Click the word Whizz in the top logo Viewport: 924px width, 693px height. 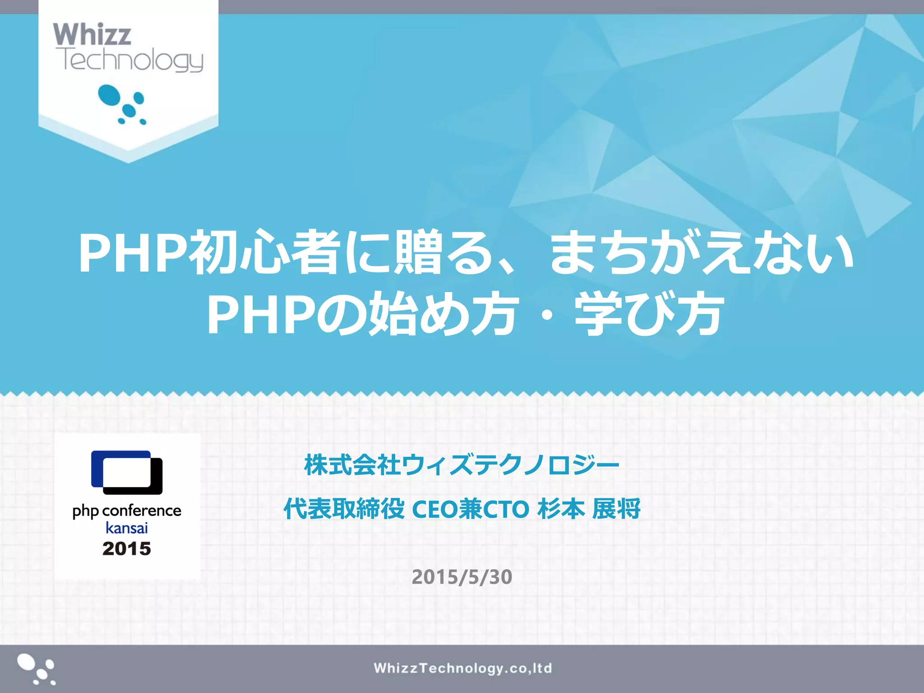pos(92,34)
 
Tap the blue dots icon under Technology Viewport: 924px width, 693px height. pos(122,104)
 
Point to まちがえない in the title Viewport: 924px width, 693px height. pos(702,253)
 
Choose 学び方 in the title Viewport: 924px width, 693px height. pos(650,315)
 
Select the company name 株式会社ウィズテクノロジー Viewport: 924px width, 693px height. pos(462,465)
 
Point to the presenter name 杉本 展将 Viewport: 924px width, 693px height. pos(589,509)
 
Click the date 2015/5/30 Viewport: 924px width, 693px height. pos(462,577)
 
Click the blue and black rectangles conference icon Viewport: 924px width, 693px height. pos(127,472)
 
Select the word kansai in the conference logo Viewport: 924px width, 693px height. pos(127,528)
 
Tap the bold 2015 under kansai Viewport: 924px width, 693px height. pos(127,549)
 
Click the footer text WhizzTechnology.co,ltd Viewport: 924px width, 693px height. pos(462,668)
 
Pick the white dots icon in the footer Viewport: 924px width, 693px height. pos(36,669)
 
